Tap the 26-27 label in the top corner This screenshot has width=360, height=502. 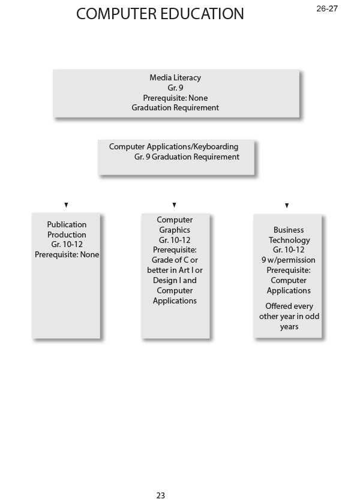pyautogui.click(x=327, y=8)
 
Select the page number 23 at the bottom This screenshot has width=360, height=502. pyautogui.click(x=160, y=495)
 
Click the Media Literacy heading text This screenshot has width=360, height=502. pyautogui.click(x=175, y=77)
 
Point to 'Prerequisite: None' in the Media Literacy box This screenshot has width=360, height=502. pyautogui.click(x=175, y=98)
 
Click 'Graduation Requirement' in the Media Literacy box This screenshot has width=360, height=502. pyautogui.click(x=175, y=108)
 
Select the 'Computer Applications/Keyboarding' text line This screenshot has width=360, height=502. pyautogui.click(x=173, y=146)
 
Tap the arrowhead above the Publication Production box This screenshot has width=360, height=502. pyautogui.click(x=66, y=205)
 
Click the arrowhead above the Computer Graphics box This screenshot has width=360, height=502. pyautogui.click(x=174, y=205)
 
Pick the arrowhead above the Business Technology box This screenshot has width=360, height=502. pyautogui.click(x=287, y=206)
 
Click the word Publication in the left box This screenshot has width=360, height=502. pyautogui.click(x=67, y=224)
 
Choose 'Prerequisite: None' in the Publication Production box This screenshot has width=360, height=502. pyautogui.click(x=67, y=254)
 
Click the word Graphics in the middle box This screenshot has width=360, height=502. pyautogui.click(x=175, y=230)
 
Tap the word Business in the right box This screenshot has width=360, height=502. pyautogui.click(x=289, y=230)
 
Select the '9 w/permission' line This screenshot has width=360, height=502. pyautogui.click(x=289, y=260)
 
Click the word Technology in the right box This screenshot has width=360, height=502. pyautogui.click(x=289, y=240)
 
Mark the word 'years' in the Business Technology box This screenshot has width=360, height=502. pyautogui.click(x=289, y=327)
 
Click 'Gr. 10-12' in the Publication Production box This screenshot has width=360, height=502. pyautogui.click(x=67, y=245)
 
